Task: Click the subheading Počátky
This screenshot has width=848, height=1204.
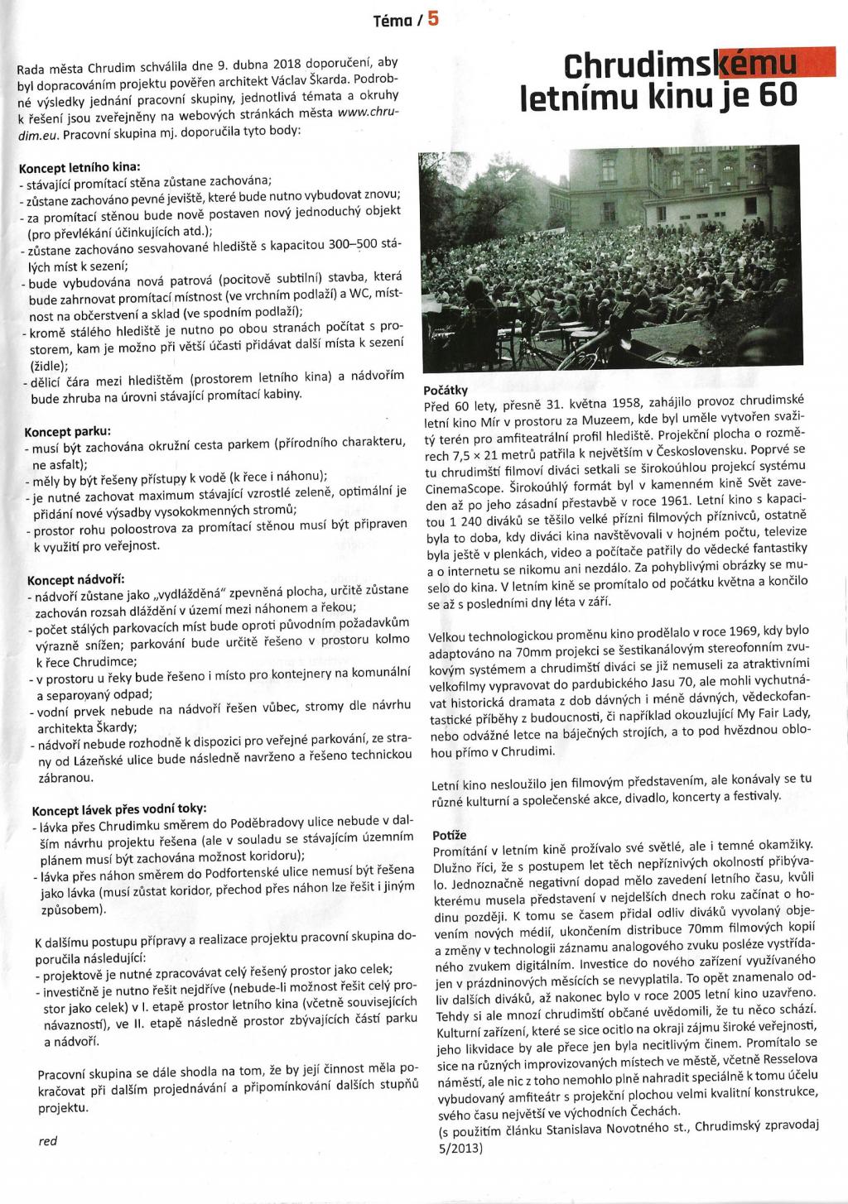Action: point(446,390)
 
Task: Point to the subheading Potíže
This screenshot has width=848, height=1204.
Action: point(450,836)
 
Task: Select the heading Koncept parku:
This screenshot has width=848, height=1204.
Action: point(69,430)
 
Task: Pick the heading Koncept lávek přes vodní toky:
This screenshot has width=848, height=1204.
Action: point(119,808)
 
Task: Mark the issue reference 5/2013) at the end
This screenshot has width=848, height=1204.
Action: point(457,1149)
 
